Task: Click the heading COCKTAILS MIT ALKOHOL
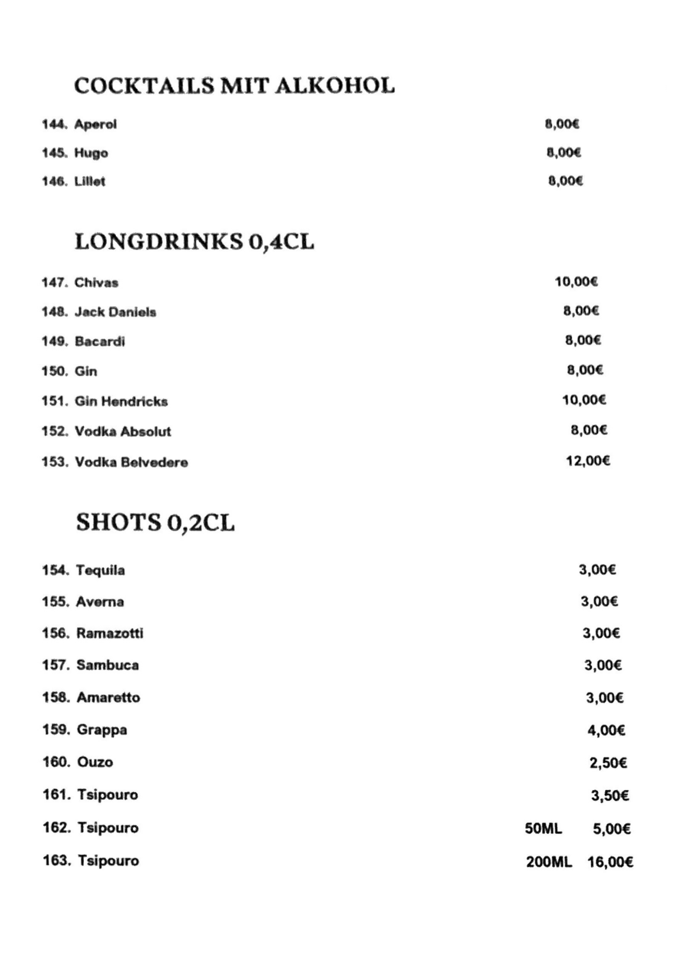click(x=234, y=86)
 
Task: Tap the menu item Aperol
click(x=95, y=124)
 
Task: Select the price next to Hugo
click(x=563, y=153)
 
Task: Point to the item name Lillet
click(x=90, y=181)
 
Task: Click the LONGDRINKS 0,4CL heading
click(x=194, y=242)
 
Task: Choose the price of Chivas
click(x=576, y=282)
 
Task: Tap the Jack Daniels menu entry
click(x=115, y=312)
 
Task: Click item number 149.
click(x=54, y=341)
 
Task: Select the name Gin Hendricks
click(x=121, y=401)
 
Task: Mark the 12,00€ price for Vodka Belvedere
click(x=588, y=461)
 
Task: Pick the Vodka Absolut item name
click(x=123, y=431)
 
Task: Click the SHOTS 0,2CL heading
click(x=155, y=523)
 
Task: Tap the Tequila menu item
click(x=100, y=570)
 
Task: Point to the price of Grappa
click(x=606, y=730)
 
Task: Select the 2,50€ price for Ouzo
click(x=608, y=762)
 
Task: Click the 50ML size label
click(x=543, y=828)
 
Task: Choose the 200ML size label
click(x=549, y=862)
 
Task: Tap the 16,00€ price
click(x=610, y=862)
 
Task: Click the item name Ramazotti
click(x=110, y=633)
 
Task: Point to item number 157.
click(x=56, y=665)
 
